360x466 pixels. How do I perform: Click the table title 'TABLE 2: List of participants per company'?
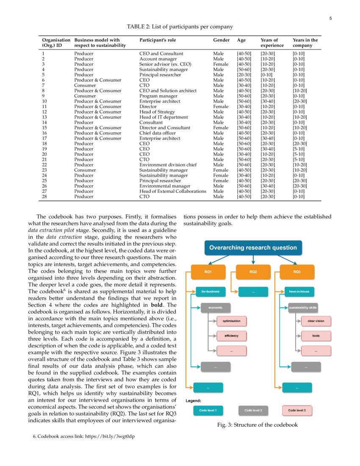(180, 27)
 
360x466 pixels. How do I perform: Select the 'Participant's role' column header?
(157, 40)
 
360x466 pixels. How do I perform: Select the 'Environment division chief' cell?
(168, 165)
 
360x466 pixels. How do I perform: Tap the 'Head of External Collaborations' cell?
(173, 191)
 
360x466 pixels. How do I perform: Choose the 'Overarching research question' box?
(253, 248)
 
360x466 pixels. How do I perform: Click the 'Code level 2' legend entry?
(253, 410)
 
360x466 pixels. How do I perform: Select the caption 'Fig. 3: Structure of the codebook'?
(258, 425)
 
